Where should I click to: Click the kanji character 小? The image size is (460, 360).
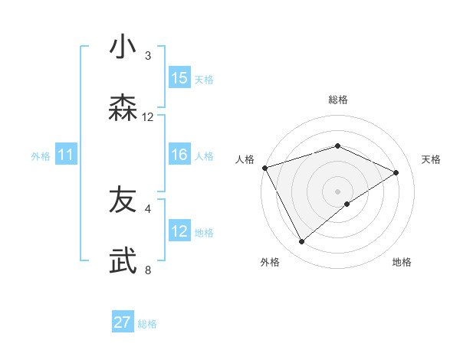[x=123, y=47]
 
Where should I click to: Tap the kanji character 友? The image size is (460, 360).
[x=123, y=201]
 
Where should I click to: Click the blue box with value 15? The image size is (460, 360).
[x=179, y=77]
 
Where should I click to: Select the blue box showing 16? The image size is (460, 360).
[x=179, y=155]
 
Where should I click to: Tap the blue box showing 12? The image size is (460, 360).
[x=179, y=231]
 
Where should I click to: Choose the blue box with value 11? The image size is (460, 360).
[x=66, y=155]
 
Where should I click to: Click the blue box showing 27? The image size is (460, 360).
[x=123, y=322]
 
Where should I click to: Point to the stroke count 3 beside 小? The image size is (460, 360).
[x=148, y=56]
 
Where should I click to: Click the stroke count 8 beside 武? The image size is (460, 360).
[x=148, y=270]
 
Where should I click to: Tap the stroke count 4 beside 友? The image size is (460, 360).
[x=148, y=208]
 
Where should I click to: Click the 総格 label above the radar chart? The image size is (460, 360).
[x=337, y=100]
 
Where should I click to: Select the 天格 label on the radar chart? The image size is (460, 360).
[x=432, y=159]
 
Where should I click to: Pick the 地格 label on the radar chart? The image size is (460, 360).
[x=402, y=263]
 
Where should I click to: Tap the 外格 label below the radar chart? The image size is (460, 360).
[x=270, y=263]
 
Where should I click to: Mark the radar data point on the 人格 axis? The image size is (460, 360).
[x=264, y=168]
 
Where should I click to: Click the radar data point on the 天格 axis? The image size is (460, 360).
[x=396, y=172]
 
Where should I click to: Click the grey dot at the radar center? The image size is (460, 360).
[x=337, y=191]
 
